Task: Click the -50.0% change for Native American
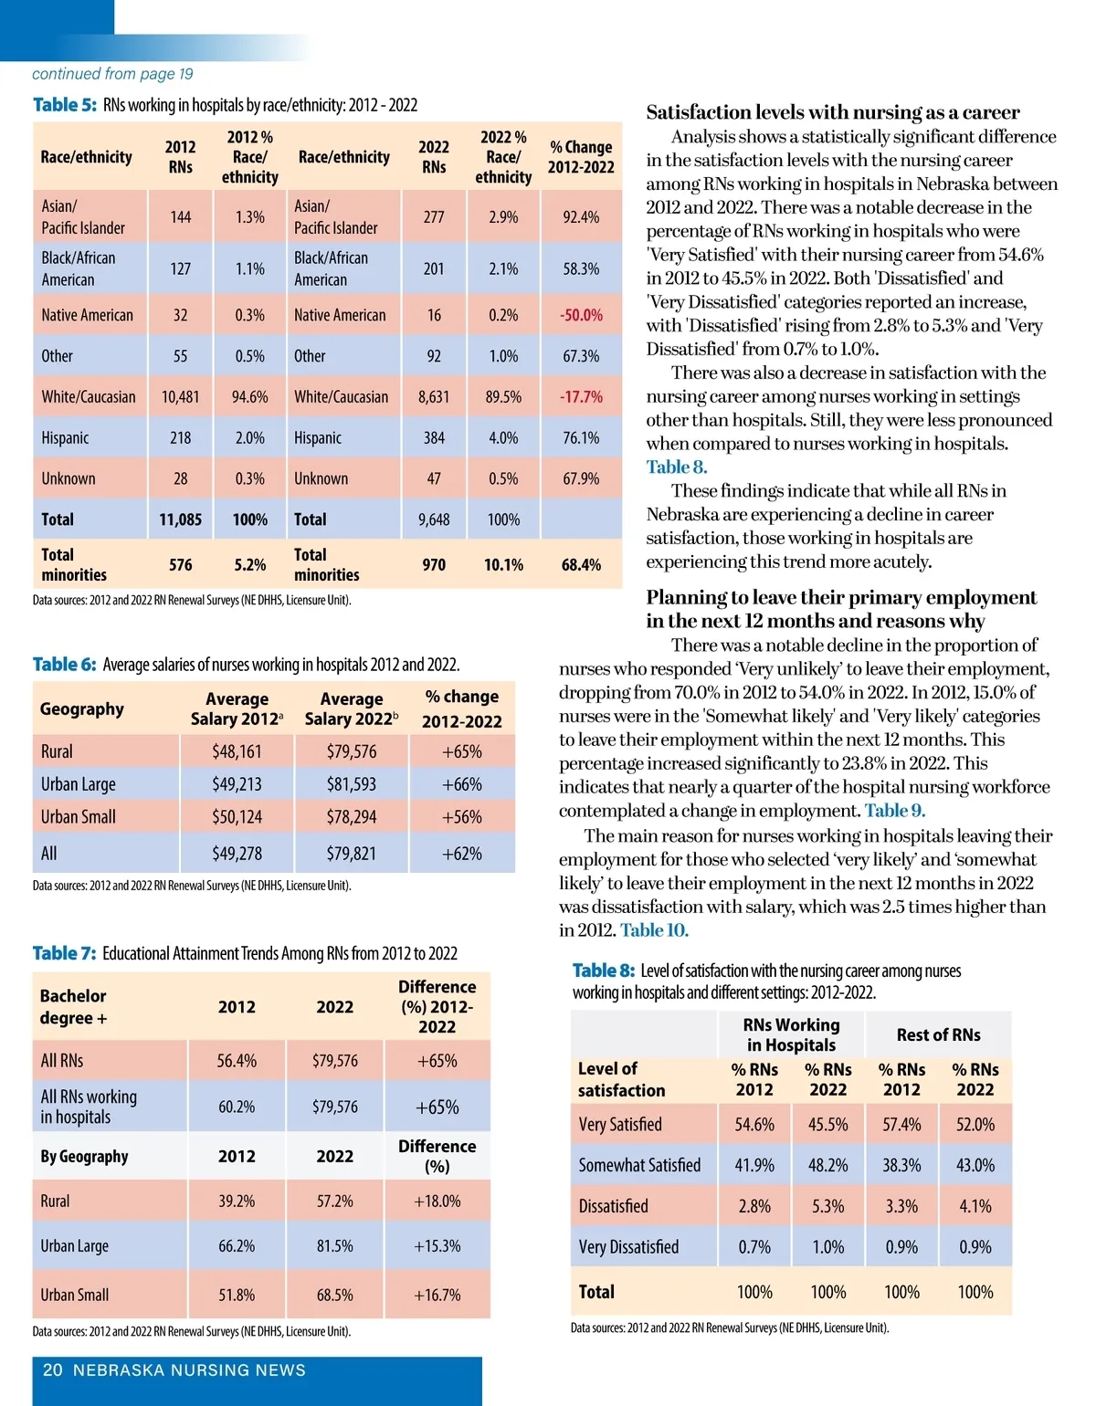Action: pyautogui.click(x=581, y=315)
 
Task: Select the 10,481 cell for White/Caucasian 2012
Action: pyautogui.click(x=180, y=397)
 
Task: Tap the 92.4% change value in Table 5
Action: pyautogui.click(x=581, y=217)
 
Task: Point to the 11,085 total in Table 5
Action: pyautogui.click(x=180, y=519)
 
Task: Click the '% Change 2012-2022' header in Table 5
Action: pyautogui.click(x=581, y=157)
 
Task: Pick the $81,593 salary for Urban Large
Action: pyautogui.click(x=352, y=784)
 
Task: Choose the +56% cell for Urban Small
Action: pyautogui.click(x=461, y=817)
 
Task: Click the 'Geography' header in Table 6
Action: pyautogui.click(x=82, y=709)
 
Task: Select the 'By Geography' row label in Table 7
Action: pyautogui.click(x=84, y=1157)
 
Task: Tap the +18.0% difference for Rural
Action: pyautogui.click(x=437, y=1201)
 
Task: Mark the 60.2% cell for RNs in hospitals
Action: pyautogui.click(x=237, y=1107)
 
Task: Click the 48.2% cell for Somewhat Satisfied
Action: pyautogui.click(x=827, y=1166)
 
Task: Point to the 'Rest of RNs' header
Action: pyautogui.click(x=938, y=1035)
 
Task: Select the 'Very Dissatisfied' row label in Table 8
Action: pyautogui.click(x=628, y=1247)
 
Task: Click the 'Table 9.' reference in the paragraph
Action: pyautogui.click(x=894, y=811)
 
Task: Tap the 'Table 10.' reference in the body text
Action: pyautogui.click(x=654, y=930)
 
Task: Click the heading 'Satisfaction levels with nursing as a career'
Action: pyautogui.click(x=833, y=112)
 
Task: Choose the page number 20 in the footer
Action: pyautogui.click(x=53, y=1370)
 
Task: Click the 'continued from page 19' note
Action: pyautogui.click(x=112, y=74)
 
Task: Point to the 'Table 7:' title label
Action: pyautogui.click(x=64, y=953)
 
